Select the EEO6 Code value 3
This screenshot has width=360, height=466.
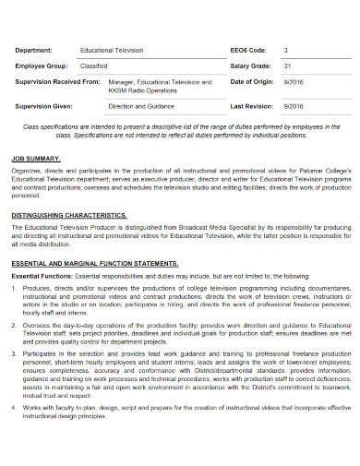[x=286, y=49]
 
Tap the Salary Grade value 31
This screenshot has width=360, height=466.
[x=288, y=66]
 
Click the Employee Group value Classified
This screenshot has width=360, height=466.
[x=94, y=66]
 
